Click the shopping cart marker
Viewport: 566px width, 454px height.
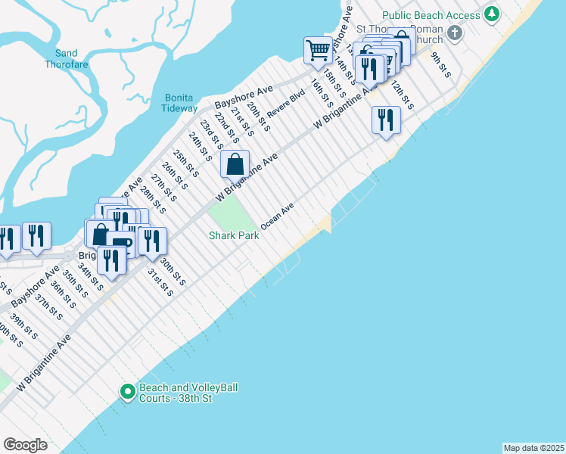coord(319,51)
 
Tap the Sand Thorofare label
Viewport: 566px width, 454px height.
coord(72,59)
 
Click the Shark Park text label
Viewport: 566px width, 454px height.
coord(234,235)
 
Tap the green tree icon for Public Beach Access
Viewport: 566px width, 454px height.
coord(493,14)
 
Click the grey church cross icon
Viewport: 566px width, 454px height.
coord(454,33)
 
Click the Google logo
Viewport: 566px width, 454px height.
coord(25,445)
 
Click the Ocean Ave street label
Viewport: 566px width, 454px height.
coord(277,216)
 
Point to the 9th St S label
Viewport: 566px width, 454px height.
coord(441,65)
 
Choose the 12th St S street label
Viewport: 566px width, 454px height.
coord(402,96)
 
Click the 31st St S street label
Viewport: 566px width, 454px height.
coord(160,281)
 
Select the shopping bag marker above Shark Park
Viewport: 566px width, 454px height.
coord(235,163)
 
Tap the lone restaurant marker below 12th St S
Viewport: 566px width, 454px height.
coord(386,120)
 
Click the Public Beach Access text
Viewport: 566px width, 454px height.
coord(431,15)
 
